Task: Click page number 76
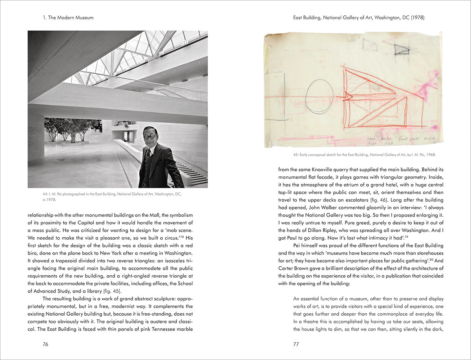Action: point(46,344)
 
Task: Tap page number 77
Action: point(296,344)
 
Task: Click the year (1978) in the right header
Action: point(417,18)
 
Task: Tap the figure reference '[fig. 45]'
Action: point(113,291)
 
